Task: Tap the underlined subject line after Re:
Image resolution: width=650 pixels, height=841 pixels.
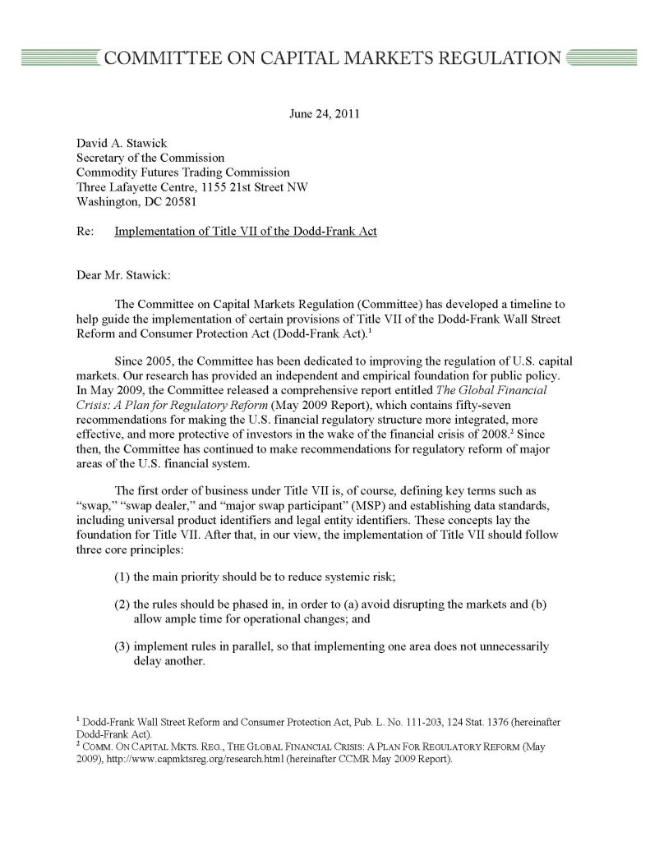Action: pyautogui.click(x=246, y=232)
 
